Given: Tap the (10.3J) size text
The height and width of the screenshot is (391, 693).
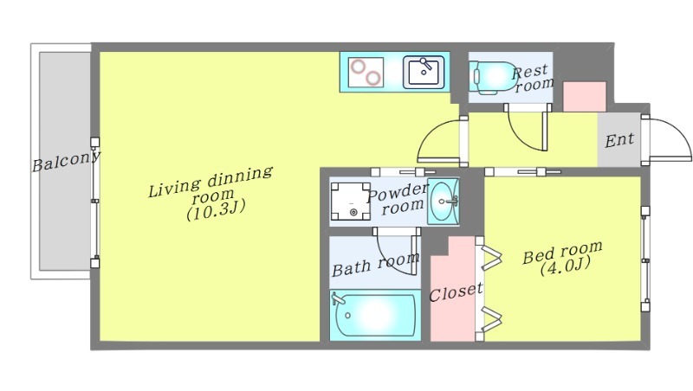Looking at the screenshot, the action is tap(216, 209).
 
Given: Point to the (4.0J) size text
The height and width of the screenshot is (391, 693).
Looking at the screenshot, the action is tap(566, 266).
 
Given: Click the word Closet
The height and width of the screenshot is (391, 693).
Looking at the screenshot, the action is tap(456, 292).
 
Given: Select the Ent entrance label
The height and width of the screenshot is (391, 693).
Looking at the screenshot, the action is tap(619, 140).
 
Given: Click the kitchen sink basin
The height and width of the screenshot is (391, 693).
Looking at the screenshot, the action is tap(424, 72).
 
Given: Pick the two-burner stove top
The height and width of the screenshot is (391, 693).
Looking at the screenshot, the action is tap(366, 73).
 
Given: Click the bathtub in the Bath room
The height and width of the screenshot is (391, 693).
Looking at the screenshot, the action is tap(375, 315).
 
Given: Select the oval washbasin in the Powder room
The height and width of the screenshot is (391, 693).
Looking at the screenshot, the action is tap(444, 202).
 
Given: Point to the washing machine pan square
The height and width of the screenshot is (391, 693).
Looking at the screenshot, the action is tap(351, 202).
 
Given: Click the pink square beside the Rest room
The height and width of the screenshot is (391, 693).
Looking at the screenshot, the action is tap(584, 97).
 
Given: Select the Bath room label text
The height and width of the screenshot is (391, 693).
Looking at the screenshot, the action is tap(375, 265).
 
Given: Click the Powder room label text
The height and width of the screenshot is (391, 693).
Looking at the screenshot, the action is tap(398, 200).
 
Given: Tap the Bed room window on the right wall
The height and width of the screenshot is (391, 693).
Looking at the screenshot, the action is tap(645, 259).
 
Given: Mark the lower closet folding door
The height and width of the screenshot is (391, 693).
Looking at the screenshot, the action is tap(490, 318).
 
